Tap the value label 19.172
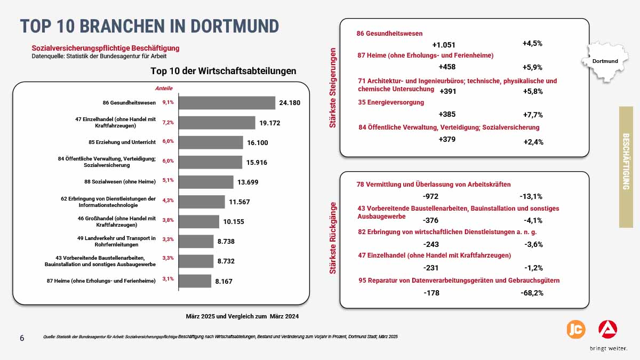270,123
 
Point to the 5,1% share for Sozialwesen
168,180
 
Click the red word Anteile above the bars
164,89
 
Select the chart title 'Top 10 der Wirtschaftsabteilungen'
223,71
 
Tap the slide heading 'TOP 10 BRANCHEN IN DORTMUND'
149,26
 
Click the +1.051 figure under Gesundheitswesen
444,45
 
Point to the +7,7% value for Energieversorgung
533,115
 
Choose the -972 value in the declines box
430,196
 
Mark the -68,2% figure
532,293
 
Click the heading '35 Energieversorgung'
391,102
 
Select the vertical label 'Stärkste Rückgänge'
333,238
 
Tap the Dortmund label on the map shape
605,61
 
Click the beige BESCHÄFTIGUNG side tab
626,167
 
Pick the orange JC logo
575,329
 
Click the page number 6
22,338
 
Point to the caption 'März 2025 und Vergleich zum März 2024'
242,316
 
